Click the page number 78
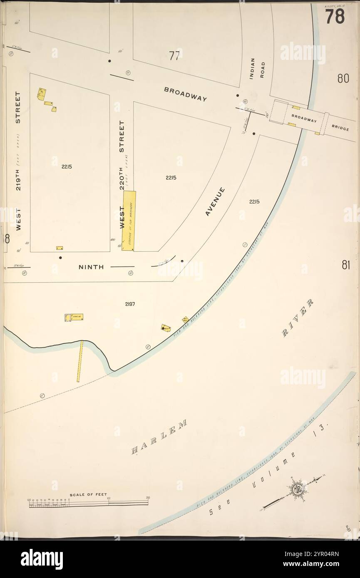pyautogui.click(x=335, y=17)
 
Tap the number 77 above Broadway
pyautogui.click(x=174, y=56)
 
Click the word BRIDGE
pyautogui.click(x=340, y=128)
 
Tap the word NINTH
pyautogui.click(x=91, y=267)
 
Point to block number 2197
pyautogui.click(x=130, y=304)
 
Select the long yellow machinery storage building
pyautogui.click(x=129, y=221)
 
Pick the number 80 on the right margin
pyautogui.click(x=343, y=79)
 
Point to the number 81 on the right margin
pyautogui.click(x=345, y=265)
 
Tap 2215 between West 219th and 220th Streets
pyautogui.click(x=66, y=167)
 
